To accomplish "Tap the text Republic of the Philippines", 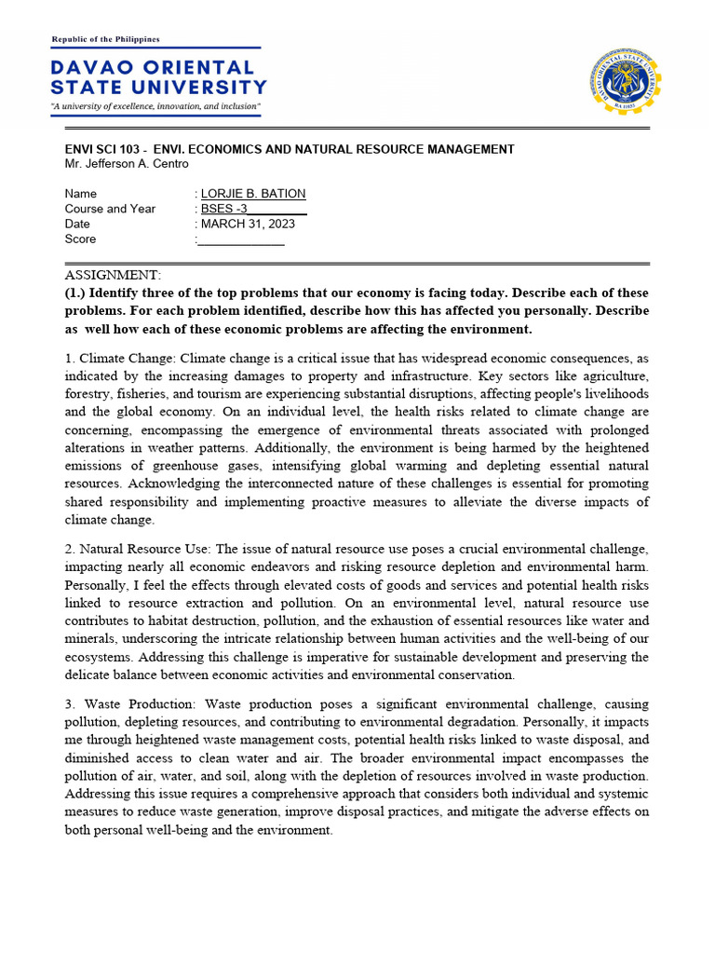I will click(x=105, y=39).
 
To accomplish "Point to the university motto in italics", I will click(x=155, y=107).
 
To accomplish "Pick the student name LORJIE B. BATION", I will click(x=252, y=194).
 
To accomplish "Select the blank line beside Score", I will click(x=241, y=239).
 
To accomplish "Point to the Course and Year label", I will click(x=110, y=209).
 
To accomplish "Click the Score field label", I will click(x=80, y=239).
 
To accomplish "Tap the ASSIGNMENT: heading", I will click(x=113, y=275).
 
